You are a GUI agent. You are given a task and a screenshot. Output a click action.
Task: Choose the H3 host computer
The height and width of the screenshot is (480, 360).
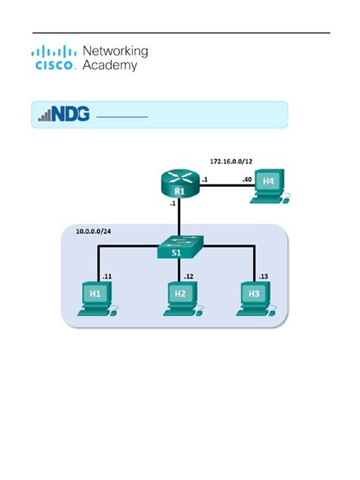click(254, 295)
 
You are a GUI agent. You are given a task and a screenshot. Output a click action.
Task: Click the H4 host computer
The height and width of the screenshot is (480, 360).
click(270, 184)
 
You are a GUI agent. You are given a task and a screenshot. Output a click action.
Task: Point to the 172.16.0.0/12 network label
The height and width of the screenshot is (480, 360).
click(232, 162)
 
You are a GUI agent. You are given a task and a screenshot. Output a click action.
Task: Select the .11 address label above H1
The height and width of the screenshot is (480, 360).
click(108, 276)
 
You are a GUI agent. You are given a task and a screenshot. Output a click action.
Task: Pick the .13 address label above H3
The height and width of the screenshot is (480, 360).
click(264, 276)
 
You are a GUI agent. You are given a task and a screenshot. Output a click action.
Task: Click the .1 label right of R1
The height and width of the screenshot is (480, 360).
click(205, 179)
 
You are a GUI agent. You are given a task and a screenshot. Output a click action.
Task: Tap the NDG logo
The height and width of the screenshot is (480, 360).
click(64, 115)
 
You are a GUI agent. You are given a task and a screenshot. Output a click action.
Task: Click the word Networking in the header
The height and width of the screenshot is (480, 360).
click(115, 51)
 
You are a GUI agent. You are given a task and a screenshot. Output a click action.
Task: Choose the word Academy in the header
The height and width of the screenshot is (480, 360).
click(109, 65)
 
